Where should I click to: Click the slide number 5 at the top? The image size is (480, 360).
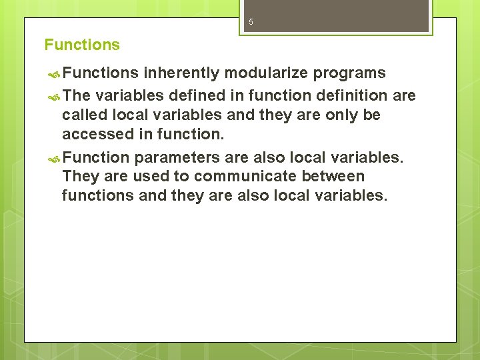click(251, 22)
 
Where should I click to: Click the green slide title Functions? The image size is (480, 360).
click(82, 45)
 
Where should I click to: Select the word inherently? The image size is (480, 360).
click(180, 73)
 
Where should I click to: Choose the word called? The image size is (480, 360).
click(83, 115)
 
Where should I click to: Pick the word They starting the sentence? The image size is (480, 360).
click(79, 177)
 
